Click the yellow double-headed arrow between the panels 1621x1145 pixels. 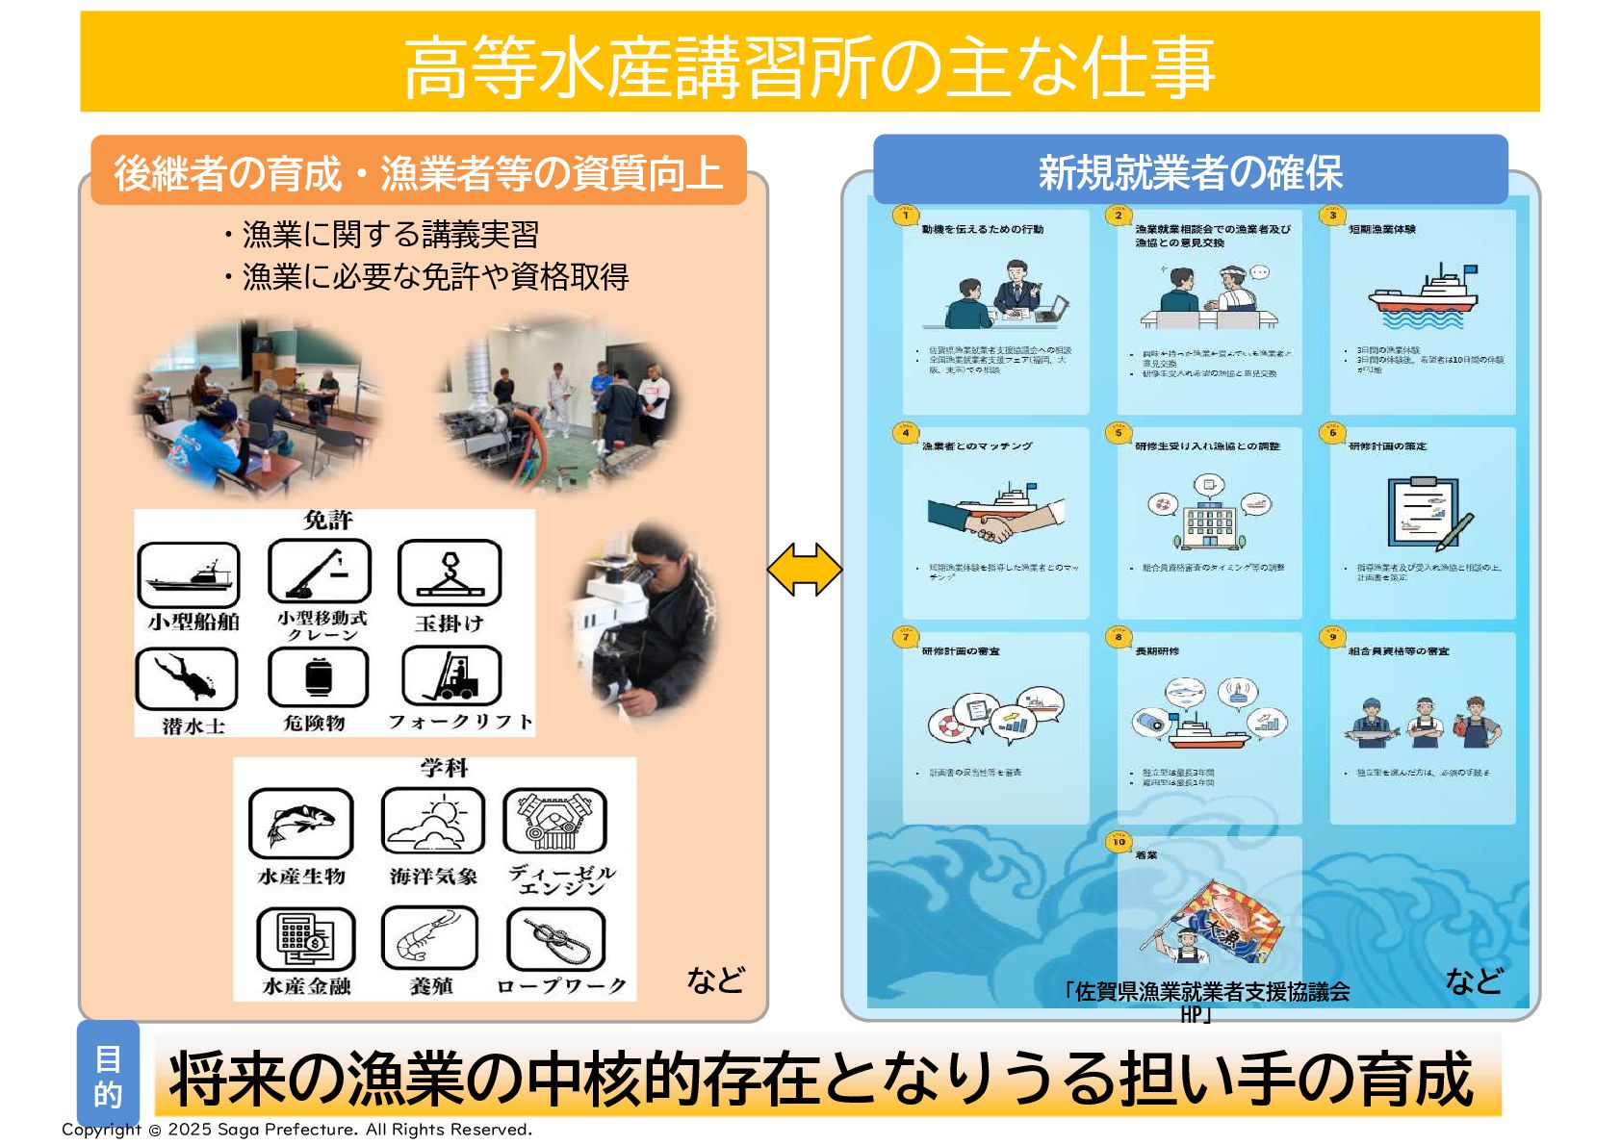[x=804, y=570]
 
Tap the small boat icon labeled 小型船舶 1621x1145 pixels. [x=188, y=574]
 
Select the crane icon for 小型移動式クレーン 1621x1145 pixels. [x=320, y=572]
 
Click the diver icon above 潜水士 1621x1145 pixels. [x=187, y=678]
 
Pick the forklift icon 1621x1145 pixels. [x=451, y=675]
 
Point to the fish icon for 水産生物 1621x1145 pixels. [x=300, y=823]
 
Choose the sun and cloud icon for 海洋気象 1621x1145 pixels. [x=432, y=821]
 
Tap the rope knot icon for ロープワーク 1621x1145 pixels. [x=555, y=938]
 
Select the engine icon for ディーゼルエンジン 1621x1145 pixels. [x=554, y=821]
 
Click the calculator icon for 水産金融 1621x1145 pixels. [x=305, y=939]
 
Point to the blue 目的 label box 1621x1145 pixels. [x=108, y=1076]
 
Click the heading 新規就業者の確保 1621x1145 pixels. [x=1190, y=171]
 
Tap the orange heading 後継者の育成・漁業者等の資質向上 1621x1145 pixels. [x=419, y=171]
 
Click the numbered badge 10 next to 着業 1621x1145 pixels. [x=1119, y=842]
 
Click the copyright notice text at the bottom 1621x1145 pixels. [x=296, y=1130]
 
